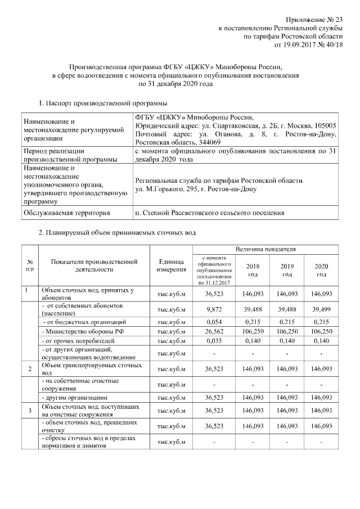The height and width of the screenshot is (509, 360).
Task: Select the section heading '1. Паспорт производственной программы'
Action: pos(102,103)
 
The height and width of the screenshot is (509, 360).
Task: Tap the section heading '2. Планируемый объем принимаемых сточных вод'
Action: pos(117,233)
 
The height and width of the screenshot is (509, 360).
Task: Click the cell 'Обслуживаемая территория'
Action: pos(65,213)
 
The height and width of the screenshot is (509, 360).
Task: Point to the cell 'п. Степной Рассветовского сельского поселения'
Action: pos(210,213)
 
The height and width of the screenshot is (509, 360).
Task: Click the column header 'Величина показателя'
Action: pos(266,249)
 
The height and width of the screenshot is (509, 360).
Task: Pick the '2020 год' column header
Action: pos(321,270)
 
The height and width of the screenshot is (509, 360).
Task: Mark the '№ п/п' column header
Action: pos(29,265)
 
